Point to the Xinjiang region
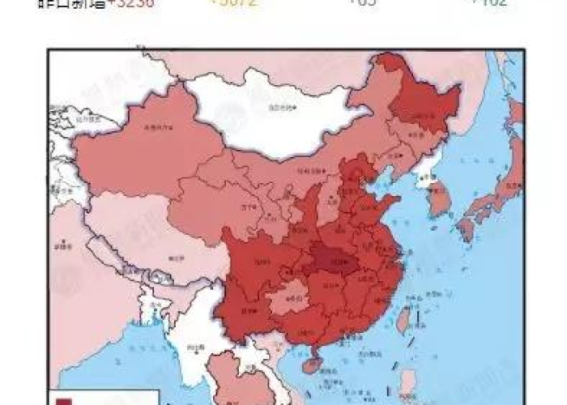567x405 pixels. click(146, 146)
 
